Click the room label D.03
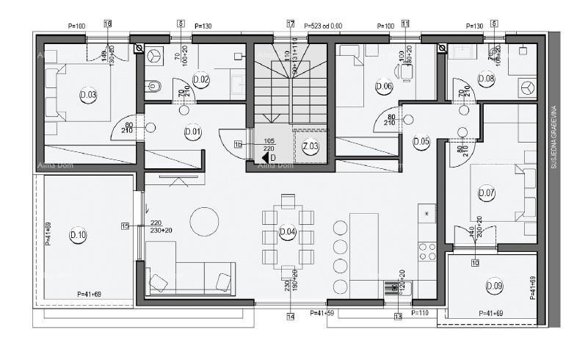coord(88,95)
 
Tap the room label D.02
coord(200,79)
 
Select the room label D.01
coord(193,132)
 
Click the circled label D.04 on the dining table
coord(288,233)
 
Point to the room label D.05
coord(421,142)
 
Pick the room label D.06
coord(383,86)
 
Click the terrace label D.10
coord(78,235)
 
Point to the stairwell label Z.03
coord(310,147)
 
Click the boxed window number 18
coord(108,24)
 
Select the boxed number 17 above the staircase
coord(291,24)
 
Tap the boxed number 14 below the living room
coord(291,317)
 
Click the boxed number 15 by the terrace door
coord(125,226)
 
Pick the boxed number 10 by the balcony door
coord(475,262)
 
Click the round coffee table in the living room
coord(204,220)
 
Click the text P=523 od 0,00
coord(323,26)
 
